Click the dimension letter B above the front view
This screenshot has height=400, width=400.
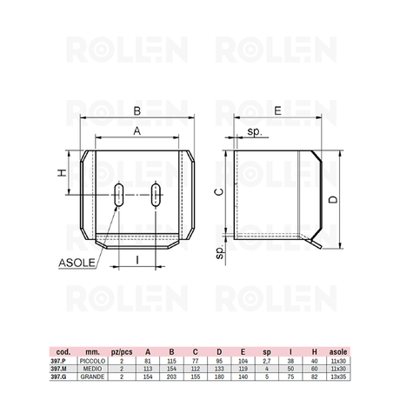pyautogui.click(x=137, y=111)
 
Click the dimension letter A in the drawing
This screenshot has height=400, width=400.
pyautogui.click(x=137, y=131)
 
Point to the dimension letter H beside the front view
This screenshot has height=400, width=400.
pyautogui.click(x=62, y=173)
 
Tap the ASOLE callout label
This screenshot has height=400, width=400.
pyautogui.click(x=77, y=263)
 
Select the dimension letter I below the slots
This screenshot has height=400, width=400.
pyautogui.click(x=137, y=260)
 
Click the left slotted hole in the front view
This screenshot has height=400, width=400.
pyautogui.click(x=119, y=195)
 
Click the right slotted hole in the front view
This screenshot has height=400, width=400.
pyautogui.click(x=156, y=195)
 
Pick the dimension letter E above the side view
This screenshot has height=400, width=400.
pyautogui.click(x=277, y=110)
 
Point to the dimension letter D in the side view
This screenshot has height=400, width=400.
pyautogui.click(x=333, y=199)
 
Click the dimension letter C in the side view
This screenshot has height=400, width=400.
pyautogui.click(x=219, y=192)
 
